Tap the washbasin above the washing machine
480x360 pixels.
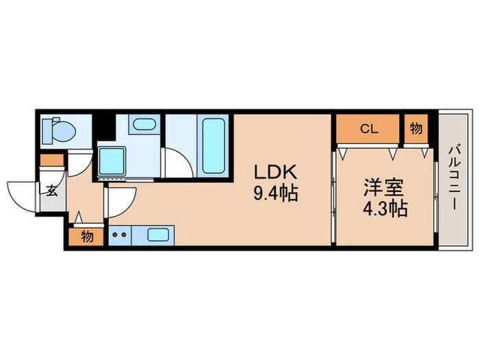coord(143,125)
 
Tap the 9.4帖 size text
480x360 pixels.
coord(275,194)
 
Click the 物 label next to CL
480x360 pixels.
coord(416,128)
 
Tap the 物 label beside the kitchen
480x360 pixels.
coord(87,237)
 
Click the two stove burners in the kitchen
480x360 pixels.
coord(119,235)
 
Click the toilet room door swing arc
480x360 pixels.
coord(77,163)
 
